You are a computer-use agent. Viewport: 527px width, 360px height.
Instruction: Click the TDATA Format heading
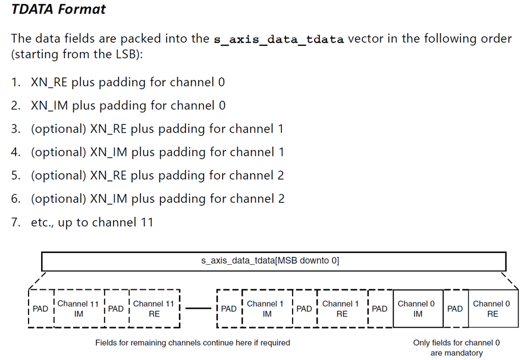tap(58, 9)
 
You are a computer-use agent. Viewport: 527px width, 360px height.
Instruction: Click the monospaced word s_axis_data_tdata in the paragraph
tap(278, 39)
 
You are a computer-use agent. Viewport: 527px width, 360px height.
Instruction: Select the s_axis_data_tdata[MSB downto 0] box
tap(274, 261)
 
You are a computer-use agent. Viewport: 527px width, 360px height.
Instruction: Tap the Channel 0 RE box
tap(493, 309)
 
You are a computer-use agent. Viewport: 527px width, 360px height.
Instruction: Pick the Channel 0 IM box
tap(418, 309)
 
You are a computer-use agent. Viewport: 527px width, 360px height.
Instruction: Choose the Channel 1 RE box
tap(342, 309)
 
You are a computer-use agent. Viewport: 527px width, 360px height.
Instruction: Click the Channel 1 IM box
tap(267, 309)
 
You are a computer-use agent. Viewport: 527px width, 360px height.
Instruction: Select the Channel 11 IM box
tap(79, 309)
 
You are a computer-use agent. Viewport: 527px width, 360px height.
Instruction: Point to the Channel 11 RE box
tap(154, 309)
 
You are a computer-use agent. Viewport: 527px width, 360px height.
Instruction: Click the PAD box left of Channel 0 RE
tap(456, 309)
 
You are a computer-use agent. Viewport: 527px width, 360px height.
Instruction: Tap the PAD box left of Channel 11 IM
tap(41, 309)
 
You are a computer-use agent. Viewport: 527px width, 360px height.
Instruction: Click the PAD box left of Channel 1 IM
tap(229, 309)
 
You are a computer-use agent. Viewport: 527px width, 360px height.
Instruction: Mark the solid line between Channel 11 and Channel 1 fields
tap(198, 308)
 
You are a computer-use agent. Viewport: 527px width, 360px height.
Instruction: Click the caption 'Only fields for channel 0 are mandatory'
tap(456, 348)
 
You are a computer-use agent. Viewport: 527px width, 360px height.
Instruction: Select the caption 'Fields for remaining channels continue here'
tap(193, 343)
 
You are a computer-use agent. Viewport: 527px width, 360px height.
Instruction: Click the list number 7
tap(15, 222)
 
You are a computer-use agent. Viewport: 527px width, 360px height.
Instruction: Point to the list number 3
tap(15, 129)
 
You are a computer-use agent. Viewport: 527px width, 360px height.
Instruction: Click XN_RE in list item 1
tap(49, 82)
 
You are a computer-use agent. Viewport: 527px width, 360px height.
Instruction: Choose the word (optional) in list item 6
tap(59, 199)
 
